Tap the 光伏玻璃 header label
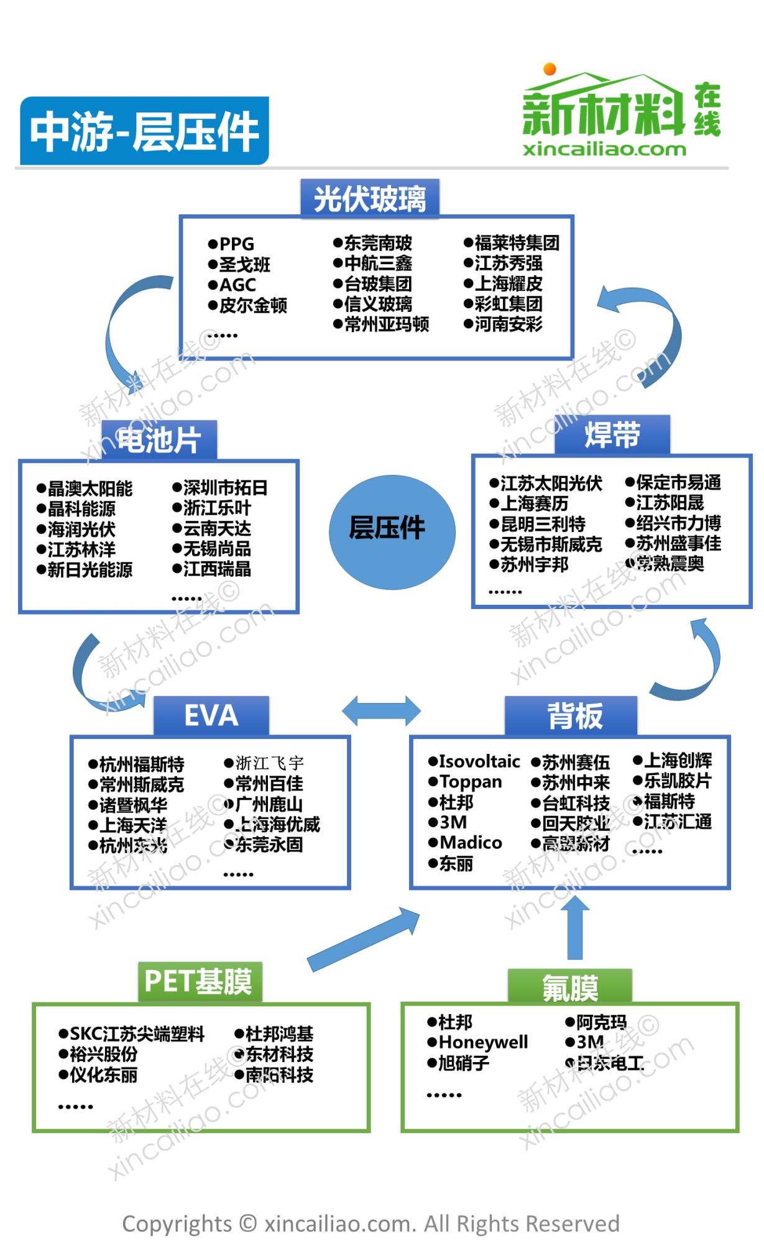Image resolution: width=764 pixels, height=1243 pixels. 370,199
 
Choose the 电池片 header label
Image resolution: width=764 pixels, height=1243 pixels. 159,440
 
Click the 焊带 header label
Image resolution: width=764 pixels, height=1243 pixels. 612,434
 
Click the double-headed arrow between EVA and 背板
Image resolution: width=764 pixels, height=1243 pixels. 381,711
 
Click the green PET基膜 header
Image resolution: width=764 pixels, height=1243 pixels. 199,981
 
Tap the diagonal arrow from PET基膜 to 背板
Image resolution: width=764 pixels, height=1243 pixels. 364,938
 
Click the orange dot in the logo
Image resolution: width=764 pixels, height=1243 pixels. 550,68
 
